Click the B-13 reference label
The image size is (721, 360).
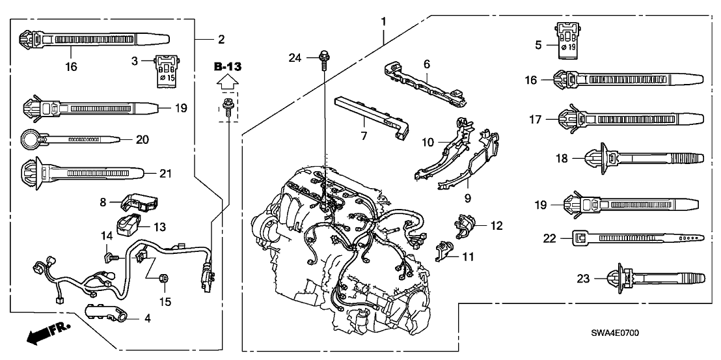click(x=226, y=66)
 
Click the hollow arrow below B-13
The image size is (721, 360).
click(x=226, y=82)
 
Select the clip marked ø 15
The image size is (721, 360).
click(x=166, y=68)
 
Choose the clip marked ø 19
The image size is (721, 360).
click(x=568, y=38)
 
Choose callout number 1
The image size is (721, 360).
click(x=383, y=22)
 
